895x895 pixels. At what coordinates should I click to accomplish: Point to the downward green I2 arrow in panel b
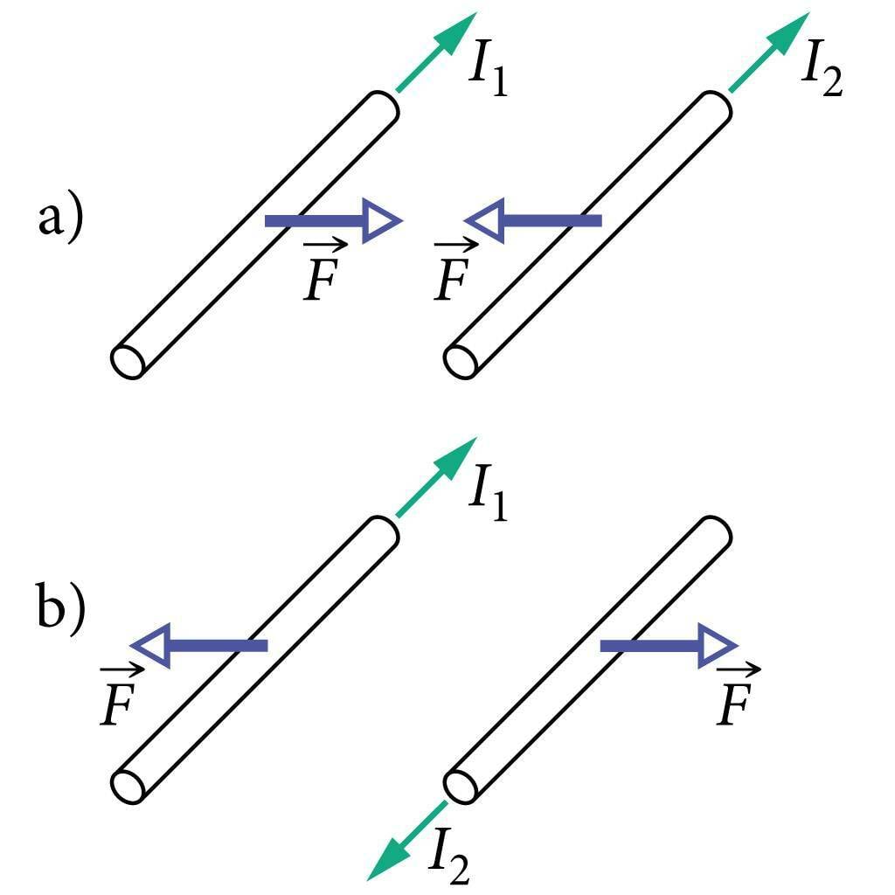(x=407, y=839)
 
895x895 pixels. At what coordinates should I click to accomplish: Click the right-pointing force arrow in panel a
(x=332, y=222)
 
